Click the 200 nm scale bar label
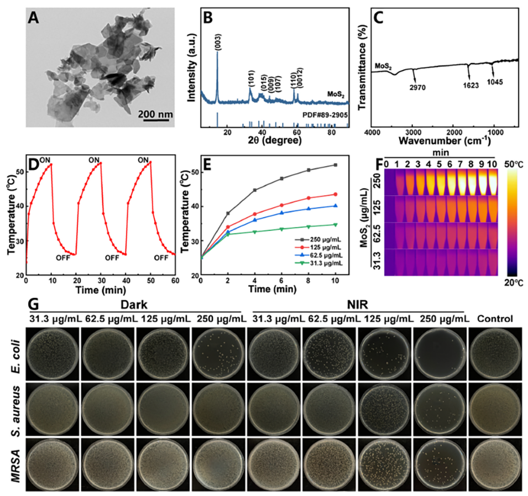tap(155, 114)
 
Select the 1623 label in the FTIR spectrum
tap(470, 86)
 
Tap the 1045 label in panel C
tap(496, 82)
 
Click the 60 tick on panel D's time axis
tap(175, 281)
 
